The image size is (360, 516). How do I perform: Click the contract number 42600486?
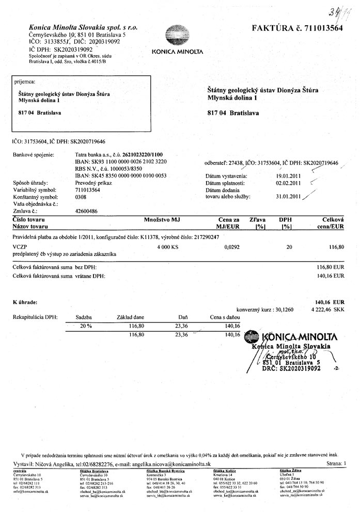[x=87, y=211]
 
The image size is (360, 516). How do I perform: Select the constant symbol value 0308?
[x=81, y=197]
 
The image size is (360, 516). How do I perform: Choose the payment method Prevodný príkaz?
[x=93, y=183]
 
